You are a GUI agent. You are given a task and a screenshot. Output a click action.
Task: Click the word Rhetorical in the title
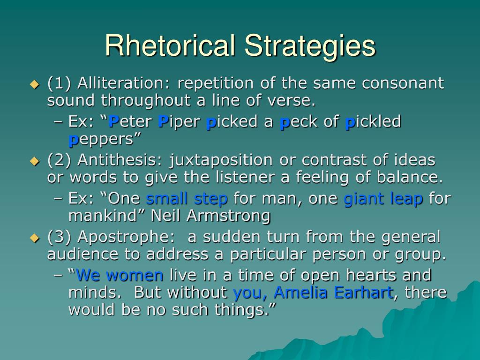[170, 46]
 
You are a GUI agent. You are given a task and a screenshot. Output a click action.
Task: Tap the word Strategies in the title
[309, 46]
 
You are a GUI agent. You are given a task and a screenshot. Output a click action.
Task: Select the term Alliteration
[125, 83]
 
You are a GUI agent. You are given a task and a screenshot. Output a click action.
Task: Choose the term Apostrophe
[125, 237]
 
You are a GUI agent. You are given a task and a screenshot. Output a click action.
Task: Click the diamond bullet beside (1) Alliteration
[34, 85]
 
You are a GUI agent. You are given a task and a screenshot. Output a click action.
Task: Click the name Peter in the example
[130, 122]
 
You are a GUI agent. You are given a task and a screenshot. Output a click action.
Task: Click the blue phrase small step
[187, 199]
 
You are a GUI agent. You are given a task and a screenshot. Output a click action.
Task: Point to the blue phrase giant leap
[383, 199]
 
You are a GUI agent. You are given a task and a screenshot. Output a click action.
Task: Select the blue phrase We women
[120, 276]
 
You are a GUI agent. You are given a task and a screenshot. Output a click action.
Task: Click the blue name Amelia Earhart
[333, 292]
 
